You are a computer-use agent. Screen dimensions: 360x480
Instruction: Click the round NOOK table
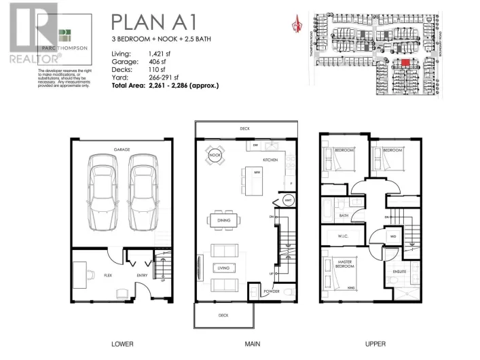click(215, 156)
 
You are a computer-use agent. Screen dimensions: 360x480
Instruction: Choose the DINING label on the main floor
click(224, 221)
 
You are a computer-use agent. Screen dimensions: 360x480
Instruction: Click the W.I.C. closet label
click(343, 236)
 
